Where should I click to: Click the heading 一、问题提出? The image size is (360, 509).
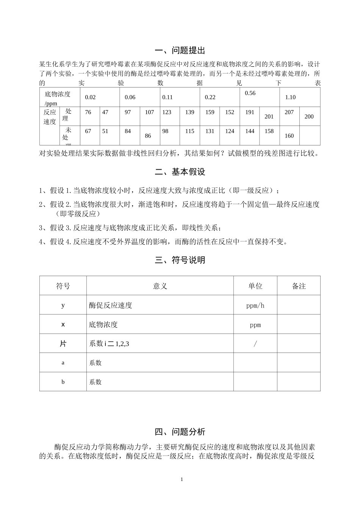coord(180,50)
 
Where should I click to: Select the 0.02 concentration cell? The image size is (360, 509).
coord(90,97)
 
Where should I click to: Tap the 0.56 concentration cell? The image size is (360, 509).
coord(250,93)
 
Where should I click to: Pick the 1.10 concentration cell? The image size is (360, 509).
coord(290,97)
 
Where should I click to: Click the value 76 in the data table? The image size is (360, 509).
coord(88,112)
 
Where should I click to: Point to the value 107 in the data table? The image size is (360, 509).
coord(150,112)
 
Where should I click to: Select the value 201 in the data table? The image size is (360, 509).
coord(269,117)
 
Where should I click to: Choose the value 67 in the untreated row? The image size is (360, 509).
coord(88,131)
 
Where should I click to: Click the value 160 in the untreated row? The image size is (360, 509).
coord(289,136)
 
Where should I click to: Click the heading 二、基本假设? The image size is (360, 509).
coord(180,172)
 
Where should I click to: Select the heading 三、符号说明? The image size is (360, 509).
coord(180,260)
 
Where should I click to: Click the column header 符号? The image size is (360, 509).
coord(63,286)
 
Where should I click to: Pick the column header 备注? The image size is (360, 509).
coord(299,286)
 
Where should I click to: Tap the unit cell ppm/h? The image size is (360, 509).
coord(255,305)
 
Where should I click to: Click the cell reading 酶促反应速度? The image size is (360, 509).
coord(111,305)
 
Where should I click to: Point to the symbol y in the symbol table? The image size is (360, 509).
coord(63,305)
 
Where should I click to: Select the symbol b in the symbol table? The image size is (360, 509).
coord(63,382)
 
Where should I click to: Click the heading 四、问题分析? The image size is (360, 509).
coord(180,432)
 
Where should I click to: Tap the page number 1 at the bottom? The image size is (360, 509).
coord(182,479)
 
